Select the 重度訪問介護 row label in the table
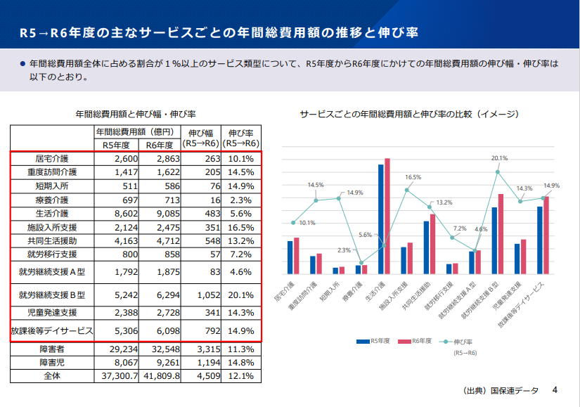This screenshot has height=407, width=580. coord(52,172)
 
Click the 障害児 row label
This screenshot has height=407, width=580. coord(52,362)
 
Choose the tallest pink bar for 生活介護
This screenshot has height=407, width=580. coord(387,216)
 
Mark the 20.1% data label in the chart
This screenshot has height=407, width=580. coord(500,158)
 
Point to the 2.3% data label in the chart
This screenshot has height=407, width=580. coord(344,250)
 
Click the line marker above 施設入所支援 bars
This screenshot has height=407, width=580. coord(406,190)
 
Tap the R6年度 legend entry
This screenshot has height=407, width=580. coord(415,342)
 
